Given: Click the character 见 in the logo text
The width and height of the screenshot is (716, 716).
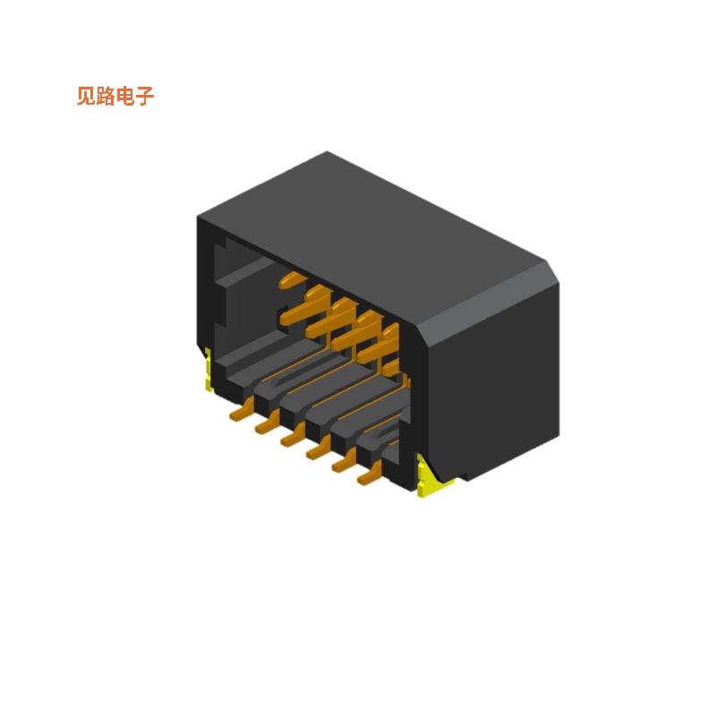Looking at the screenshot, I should coord(86,97).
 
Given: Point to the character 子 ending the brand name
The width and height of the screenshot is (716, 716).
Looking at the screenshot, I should coord(145,97).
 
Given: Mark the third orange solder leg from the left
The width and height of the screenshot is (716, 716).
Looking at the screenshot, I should coord(291,439).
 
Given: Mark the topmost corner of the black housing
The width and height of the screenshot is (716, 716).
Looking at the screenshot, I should coord(328,154).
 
